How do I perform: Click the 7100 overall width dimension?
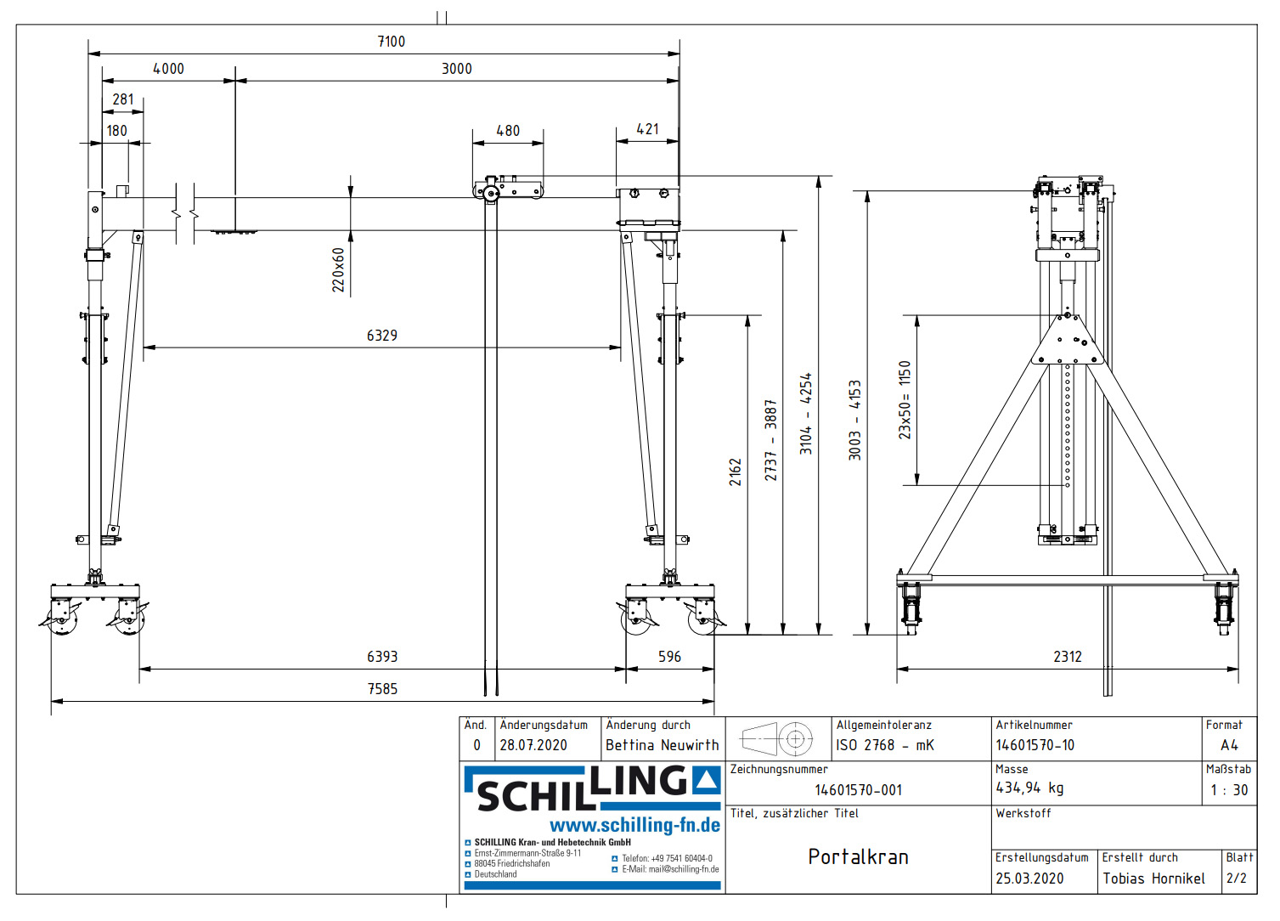[x=391, y=42]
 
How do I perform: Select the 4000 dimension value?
[x=168, y=69]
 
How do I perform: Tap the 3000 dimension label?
[x=456, y=69]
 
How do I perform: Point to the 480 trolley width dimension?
[x=508, y=131]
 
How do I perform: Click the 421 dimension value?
[x=647, y=129]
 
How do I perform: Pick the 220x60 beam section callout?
[x=339, y=270]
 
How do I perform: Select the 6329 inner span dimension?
[x=381, y=336]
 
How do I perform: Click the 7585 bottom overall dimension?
[x=382, y=689]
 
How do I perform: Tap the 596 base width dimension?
[x=669, y=657]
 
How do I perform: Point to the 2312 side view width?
[x=1068, y=657]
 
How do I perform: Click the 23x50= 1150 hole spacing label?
[x=905, y=400]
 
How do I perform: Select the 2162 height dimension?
[x=736, y=472]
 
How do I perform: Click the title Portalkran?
[x=858, y=856]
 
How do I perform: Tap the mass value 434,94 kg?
[x=1029, y=788]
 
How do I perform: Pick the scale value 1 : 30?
[x=1229, y=790]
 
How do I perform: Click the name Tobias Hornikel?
[x=1153, y=879]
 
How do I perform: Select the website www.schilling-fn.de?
[x=634, y=825]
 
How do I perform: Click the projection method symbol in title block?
[x=777, y=739]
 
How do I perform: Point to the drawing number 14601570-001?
[x=858, y=790]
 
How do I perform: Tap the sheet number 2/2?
[x=1237, y=879]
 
